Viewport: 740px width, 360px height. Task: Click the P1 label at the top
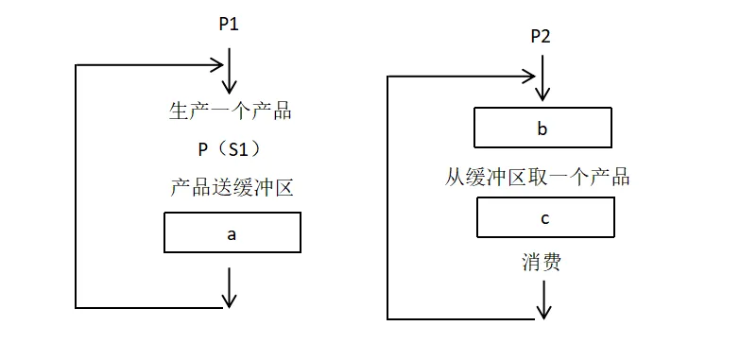229,25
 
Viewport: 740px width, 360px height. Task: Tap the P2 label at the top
541,37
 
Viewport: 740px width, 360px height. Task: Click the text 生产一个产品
230,111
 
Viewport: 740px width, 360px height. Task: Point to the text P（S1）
230,148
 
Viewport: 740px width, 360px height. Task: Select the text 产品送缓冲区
232,187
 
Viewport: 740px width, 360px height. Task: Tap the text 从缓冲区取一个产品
538,177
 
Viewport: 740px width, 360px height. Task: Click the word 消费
541,262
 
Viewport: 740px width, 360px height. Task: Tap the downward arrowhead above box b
542,94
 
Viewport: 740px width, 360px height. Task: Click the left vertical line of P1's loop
76,189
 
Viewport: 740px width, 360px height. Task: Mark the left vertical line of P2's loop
388,198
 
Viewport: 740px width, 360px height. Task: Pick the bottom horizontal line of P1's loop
151,307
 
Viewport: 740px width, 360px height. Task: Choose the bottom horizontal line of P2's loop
463,318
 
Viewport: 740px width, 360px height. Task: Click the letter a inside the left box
232,233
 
